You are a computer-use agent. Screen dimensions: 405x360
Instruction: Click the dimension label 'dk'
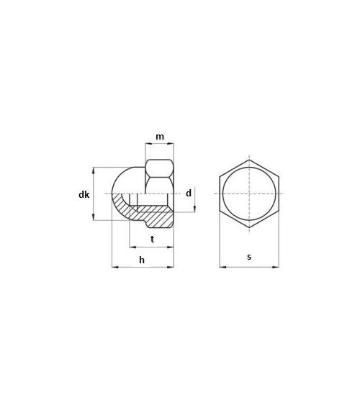pyautogui.click(x=84, y=194)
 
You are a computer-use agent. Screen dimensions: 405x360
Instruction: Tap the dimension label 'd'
pyautogui.click(x=188, y=194)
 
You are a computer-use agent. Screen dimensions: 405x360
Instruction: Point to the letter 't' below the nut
pyautogui.click(x=152, y=238)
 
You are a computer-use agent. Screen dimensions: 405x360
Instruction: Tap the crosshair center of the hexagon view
pyautogui.click(x=249, y=194)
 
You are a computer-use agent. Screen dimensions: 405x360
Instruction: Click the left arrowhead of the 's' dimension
pyautogui.click(x=221, y=268)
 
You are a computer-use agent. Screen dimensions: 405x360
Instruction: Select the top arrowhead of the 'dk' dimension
pyautogui.click(x=94, y=169)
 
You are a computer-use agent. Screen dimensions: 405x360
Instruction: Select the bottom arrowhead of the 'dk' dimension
pyautogui.click(x=94, y=219)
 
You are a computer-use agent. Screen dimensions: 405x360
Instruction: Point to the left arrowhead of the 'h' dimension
pyautogui.click(x=114, y=268)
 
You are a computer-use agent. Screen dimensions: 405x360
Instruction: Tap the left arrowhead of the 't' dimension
pyautogui.click(x=132, y=247)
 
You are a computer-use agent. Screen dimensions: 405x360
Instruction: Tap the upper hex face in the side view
pyautogui.click(x=159, y=170)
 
